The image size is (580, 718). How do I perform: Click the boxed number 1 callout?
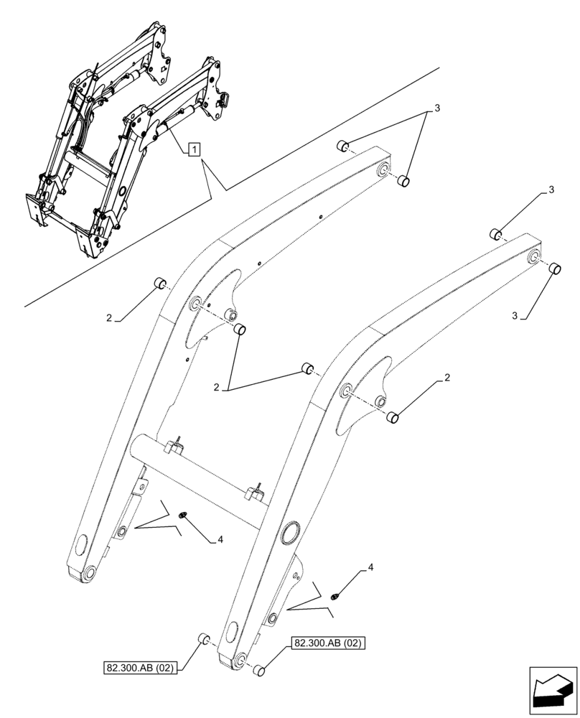[x=195, y=149]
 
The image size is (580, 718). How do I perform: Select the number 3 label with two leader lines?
[x=436, y=108]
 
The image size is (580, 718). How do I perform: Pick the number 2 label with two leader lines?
[x=216, y=388]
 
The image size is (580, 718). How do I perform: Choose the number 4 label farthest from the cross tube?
[x=370, y=567]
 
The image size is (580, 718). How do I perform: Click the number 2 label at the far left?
[x=109, y=317]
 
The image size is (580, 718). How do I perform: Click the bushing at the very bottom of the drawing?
[x=261, y=671]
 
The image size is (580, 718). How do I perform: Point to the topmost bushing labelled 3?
[x=343, y=146]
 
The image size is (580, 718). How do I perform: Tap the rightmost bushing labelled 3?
[x=554, y=270]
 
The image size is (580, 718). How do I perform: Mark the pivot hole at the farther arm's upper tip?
[x=383, y=170]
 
